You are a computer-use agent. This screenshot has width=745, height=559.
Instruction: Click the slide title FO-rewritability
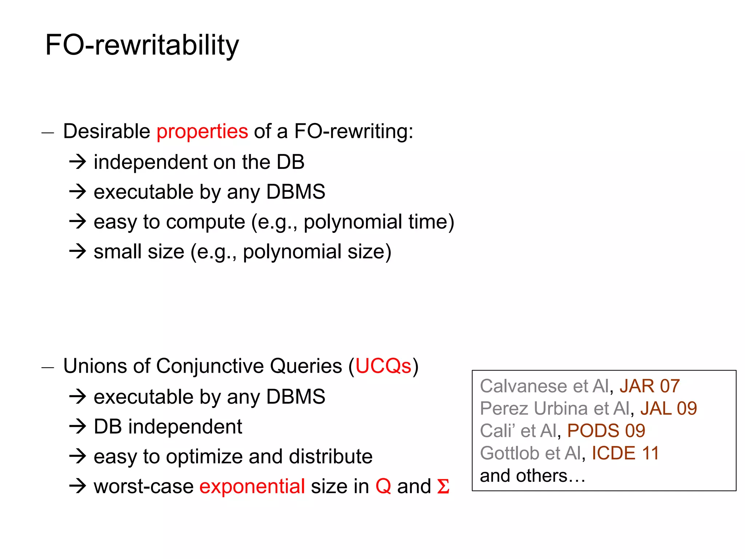pos(142,45)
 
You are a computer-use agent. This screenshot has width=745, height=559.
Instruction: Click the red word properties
pos(202,131)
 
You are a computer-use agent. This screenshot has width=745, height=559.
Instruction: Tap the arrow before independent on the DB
pos(77,162)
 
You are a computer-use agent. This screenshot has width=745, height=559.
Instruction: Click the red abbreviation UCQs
pos(383,366)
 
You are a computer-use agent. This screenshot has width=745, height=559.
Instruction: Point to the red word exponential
pos(252,486)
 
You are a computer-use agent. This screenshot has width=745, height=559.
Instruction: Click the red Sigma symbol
pos(443,486)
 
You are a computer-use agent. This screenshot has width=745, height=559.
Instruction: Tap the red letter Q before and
pos(383,486)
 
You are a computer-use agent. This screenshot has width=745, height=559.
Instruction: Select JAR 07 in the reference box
pos(649,386)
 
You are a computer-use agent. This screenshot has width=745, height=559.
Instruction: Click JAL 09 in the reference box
pos(668,408)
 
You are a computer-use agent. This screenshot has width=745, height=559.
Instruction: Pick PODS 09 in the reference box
pos(606,431)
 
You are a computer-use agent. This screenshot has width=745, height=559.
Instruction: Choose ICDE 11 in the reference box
pos(625,453)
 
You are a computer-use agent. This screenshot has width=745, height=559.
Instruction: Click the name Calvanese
pos(523,386)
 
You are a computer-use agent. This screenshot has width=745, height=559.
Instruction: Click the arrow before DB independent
pos(77,426)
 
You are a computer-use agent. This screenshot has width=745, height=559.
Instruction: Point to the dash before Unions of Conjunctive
pos(48,368)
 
